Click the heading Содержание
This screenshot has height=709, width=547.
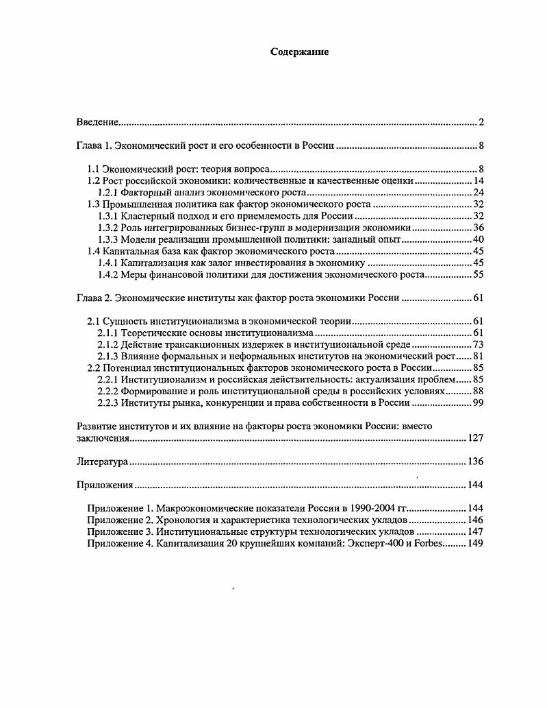click(x=299, y=52)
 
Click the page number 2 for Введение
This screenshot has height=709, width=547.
click(x=481, y=122)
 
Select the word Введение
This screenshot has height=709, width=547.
click(x=97, y=122)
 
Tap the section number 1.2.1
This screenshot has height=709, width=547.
click(x=109, y=192)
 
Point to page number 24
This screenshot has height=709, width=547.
click(x=479, y=192)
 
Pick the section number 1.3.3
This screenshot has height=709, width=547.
click(x=109, y=239)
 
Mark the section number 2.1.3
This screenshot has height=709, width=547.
click(x=109, y=356)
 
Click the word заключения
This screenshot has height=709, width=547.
click(x=103, y=437)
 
